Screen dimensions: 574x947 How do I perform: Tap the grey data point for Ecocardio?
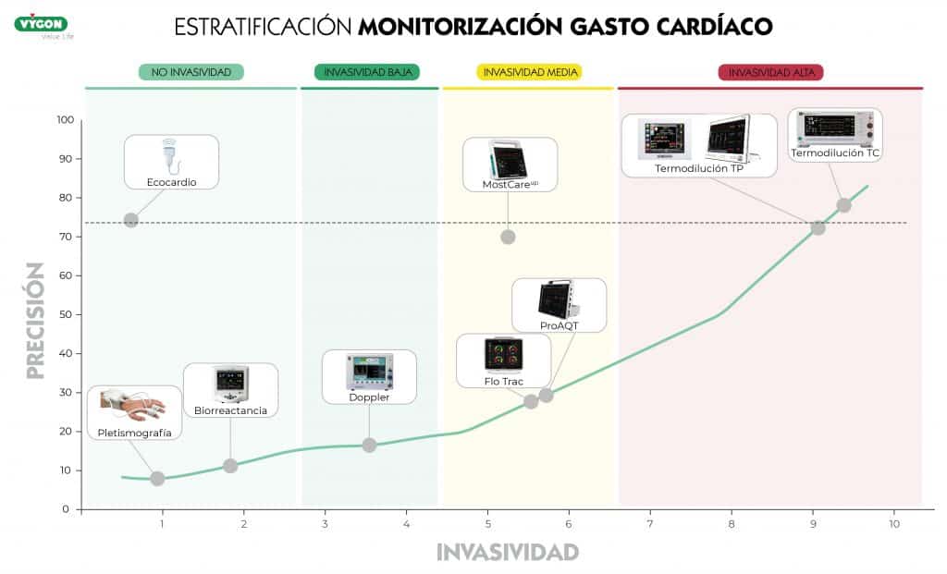pos(131,220)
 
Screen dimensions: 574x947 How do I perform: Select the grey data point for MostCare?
pos(508,237)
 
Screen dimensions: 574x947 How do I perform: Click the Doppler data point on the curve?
pos(369,445)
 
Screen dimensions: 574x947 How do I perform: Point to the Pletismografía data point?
pos(157,478)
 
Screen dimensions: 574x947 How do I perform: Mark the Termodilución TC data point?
pos(843,205)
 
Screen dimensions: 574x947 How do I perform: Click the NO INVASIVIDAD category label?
pos(191,71)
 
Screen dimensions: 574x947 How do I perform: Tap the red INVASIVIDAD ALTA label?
pos(770,71)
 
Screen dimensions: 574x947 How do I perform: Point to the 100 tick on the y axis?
pos(64,120)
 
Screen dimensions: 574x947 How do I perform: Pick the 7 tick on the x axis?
pos(650,524)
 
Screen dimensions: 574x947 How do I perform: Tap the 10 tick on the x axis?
pos(893,524)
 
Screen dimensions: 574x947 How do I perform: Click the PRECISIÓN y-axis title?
pos(35,321)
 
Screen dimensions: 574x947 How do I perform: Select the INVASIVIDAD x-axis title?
pos(508,553)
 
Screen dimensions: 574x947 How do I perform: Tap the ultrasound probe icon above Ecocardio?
pos(170,154)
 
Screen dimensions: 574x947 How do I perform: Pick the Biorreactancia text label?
pos(230,410)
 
